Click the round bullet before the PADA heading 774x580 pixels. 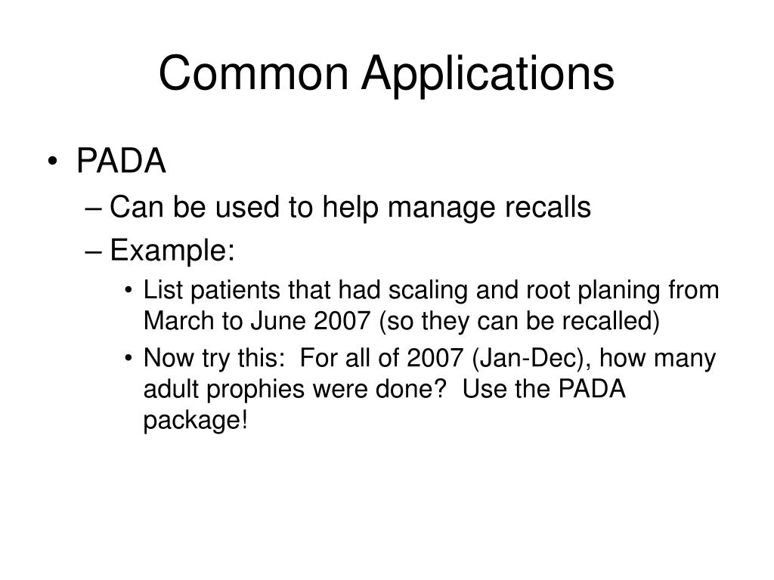[x=60, y=162]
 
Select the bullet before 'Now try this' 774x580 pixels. [x=132, y=357]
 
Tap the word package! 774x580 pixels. [x=195, y=422]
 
